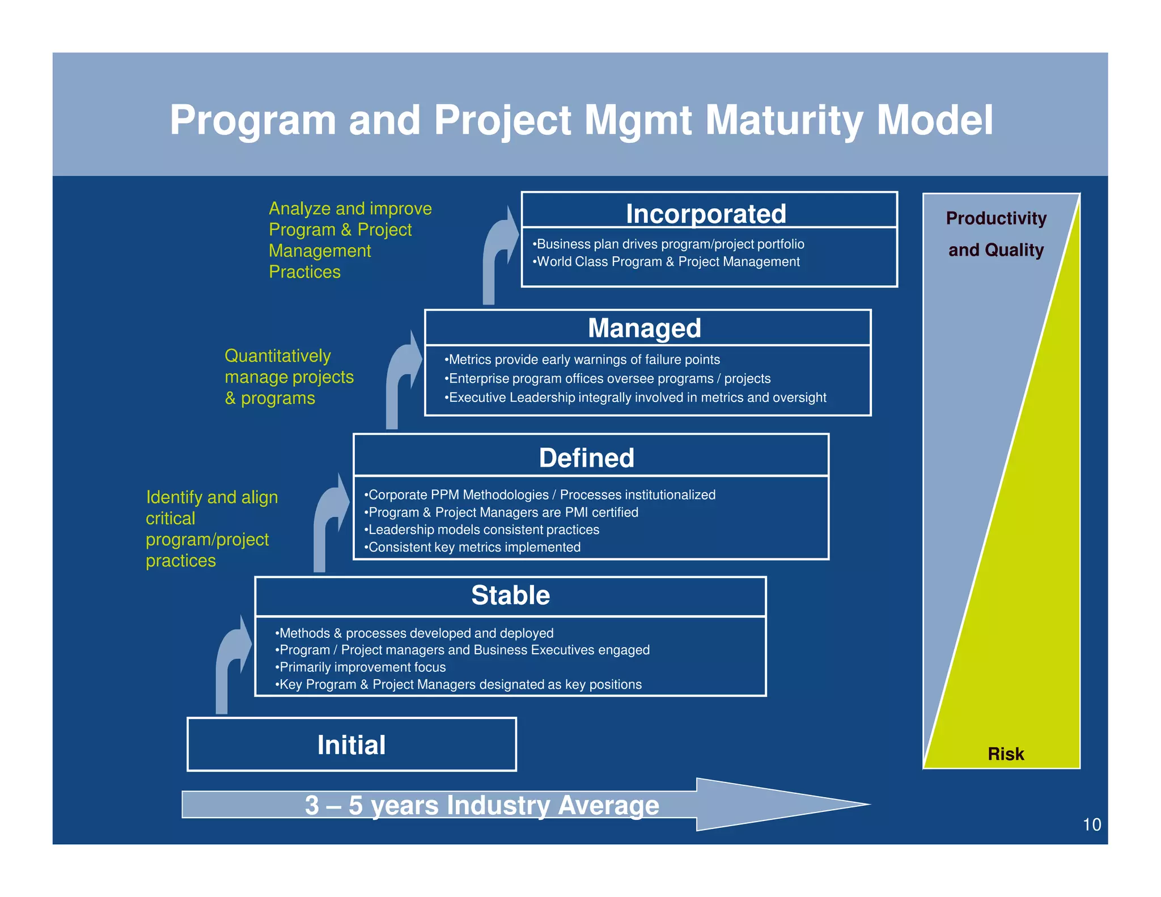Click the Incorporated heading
(706, 214)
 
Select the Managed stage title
(645, 328)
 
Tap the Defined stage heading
(586, 458)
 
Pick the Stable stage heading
(510, 595)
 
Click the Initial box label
(351, 745)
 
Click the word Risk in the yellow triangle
(1006, 754)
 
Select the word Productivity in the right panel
(996, 218)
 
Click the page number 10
(1091, 824)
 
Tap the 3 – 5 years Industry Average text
(482, 805)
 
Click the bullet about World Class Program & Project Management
(667, 262)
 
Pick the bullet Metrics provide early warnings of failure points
(582, 359)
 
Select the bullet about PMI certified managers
(502, 512)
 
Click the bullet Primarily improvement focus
(361, 667)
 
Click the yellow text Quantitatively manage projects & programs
(289, 377)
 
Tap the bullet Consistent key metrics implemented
(473, 547)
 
